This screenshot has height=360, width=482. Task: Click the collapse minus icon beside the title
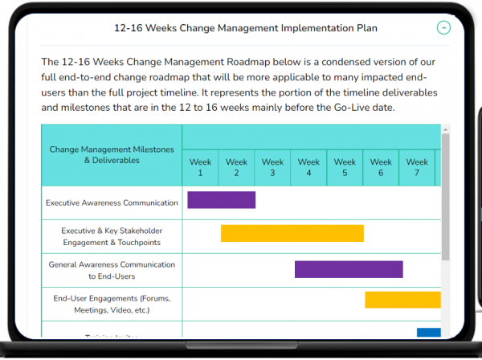click(443, 28)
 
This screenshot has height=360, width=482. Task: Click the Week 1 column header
click(200, 167)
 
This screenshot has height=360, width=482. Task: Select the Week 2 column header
click(236, 167)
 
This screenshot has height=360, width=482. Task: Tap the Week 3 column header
click(272, 167)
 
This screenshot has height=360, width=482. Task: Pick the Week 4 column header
click(308, 167)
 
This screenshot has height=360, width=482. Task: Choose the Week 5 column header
click(345, 167)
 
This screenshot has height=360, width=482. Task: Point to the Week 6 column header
click(381, 167)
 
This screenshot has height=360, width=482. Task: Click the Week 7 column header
click(417, 167)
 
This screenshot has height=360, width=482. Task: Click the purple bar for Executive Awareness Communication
click(222, 200)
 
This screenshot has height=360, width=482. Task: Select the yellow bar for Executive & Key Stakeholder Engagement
click(292, 234)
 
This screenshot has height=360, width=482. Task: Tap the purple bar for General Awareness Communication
click(349, 269)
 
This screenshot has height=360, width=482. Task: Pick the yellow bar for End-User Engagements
click(402, 300)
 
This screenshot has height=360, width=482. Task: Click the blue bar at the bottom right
click(428, 333)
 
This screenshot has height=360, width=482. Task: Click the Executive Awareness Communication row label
click(112, 202)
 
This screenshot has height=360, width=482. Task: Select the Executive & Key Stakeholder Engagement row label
click(111, 236)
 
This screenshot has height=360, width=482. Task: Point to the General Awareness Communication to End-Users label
click(112, 270)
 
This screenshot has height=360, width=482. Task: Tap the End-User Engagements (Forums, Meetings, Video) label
click(112, 304)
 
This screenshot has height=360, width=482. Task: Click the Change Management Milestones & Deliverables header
click(111, 154)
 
